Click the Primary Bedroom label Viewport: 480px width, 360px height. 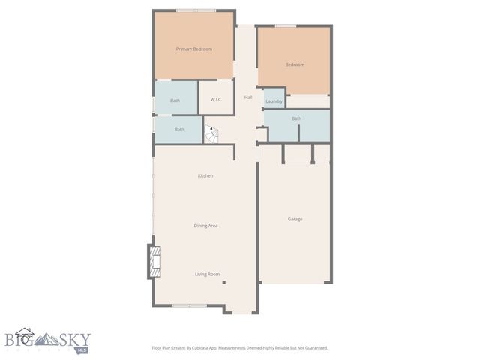click(x=193, y=49)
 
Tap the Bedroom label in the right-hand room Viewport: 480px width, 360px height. click(x=295, y=64)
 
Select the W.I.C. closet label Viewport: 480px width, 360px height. click(x=216, y=100)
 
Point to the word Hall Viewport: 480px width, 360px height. click(x=247, y=97)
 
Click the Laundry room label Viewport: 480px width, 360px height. click(x=274, y=100)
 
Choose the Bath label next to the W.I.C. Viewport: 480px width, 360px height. click(x=175, y=100)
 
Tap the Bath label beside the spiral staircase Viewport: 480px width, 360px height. click(x=179, y=130)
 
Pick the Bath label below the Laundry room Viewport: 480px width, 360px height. click(x=296, y=118)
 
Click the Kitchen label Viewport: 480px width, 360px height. click(x=205, y=175)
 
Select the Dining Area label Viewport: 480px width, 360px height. click(x=205, y=225)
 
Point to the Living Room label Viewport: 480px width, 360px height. click(x=207, y=274)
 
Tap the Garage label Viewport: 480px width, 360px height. click(x=295, y=219)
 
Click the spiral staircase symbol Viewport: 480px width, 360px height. click(x=211, y=136)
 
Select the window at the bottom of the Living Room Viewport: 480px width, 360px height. click(x=190, y=305)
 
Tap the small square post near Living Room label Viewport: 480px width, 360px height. click(x=224, y=283)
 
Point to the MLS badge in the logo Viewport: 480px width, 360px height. click(x=82, y=349)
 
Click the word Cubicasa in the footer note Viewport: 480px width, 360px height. click(x=213, y=348)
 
